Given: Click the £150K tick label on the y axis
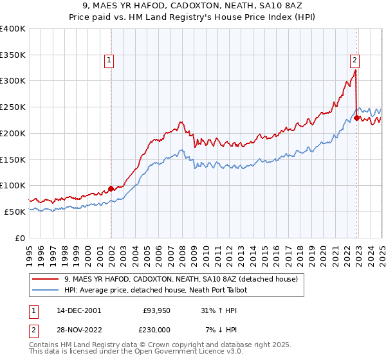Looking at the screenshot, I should (12, 159).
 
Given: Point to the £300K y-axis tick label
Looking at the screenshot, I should (12, 81).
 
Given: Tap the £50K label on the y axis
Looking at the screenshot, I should (15, 212).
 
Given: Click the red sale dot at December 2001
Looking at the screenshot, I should (111, 188).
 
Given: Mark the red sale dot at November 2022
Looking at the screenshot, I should (356, 118).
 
